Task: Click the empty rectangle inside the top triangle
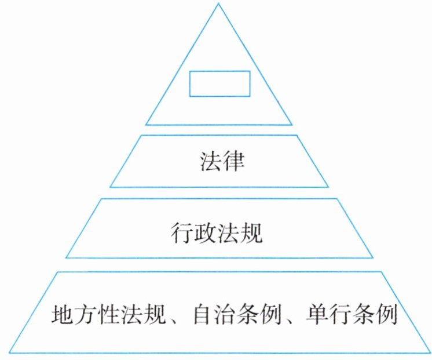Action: click(x=220, y=83)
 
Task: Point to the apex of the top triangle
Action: click(x=219, y=4)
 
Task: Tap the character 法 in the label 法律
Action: click(x=206, y=162)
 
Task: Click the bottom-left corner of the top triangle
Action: click(x=146, y=125)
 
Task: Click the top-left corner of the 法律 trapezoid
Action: click(x=141, y=136)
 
